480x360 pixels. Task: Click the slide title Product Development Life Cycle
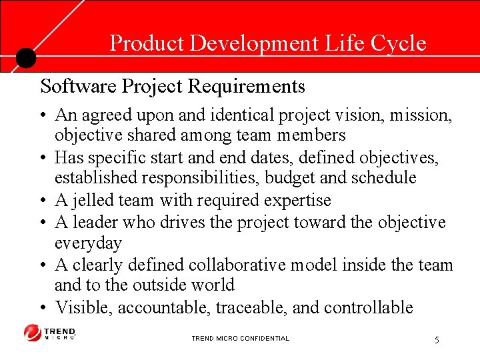click(x=267, y=43)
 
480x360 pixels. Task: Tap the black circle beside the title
click(x=25, y=58)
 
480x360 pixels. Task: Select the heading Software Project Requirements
click(x=173, y=87)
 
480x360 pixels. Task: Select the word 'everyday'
click(x=88, y=242)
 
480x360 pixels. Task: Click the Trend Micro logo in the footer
click(x=50, y=332)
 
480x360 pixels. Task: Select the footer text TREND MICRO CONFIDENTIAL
click(x=240, y=339)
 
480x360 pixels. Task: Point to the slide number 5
click(x=437, y=340)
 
